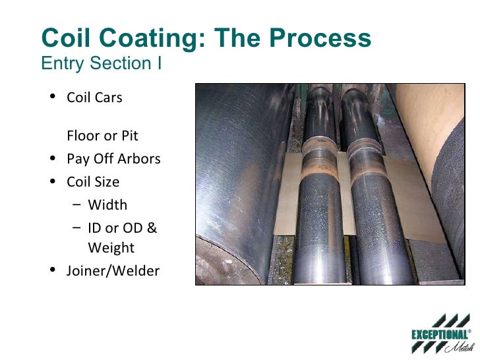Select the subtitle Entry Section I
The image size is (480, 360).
(x=102, y=64)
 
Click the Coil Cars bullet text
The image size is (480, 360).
(x=94, y=98)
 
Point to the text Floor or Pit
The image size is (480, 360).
(x=102, y=136)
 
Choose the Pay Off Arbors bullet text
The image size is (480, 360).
(x=113, y=159)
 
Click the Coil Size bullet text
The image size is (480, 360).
(x=93, y=181)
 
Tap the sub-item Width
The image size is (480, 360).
(x=107, y=204)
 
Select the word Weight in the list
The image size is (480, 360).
(x=111, y=248)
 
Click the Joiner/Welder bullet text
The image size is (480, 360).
(x=113, y=270)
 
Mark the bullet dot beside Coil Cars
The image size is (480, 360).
(x=52, y=98)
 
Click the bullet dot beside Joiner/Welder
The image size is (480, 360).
(x=52, y=270)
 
